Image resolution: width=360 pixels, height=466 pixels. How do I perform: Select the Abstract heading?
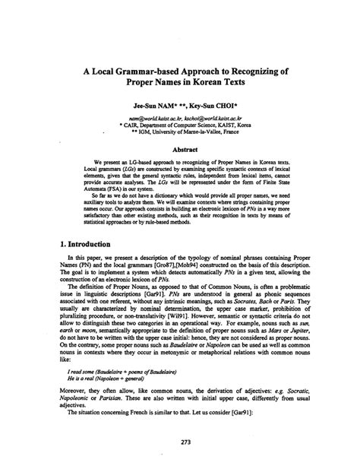pyautogui.click(x=179, y=151)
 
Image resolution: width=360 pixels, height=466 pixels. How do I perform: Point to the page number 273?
pyautogui.click(x=180, y=443)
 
